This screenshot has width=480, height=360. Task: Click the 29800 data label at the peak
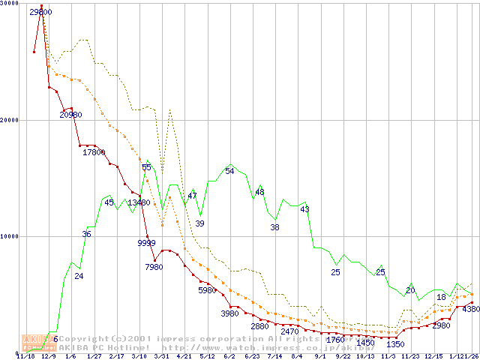coord(40,12)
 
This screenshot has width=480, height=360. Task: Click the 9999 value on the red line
coord(147,243)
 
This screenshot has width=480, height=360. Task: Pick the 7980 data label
coord(154,267)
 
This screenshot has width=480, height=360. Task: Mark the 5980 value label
coord(207,290)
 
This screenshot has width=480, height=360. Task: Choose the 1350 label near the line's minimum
coord(395,344)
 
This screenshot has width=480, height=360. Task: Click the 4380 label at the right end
coord(471,309)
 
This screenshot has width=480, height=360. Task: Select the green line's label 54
coord(230,171)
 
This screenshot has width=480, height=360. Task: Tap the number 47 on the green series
coord(193,196)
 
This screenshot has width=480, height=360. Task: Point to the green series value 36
coord(87,234)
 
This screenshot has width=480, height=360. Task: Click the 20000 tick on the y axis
coord(9,120)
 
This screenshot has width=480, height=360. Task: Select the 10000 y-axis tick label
coord(9,236)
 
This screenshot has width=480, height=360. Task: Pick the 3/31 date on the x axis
coord(160,356)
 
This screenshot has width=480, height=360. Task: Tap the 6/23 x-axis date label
coord(252,356)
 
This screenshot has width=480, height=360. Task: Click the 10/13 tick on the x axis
coord(366,356)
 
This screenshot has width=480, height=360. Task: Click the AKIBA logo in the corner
coord(35,343)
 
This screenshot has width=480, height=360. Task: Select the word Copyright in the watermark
coord(80,339)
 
